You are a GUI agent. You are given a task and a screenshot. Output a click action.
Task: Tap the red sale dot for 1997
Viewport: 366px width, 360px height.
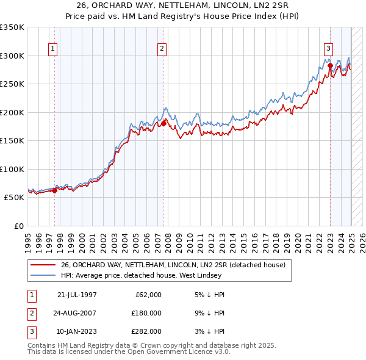click(x=54, y=190)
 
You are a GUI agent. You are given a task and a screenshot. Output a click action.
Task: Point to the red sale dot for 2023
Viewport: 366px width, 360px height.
click(x=330, y=66)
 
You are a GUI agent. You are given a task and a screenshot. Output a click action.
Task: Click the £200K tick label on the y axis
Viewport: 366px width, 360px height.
click(x=12, y=112)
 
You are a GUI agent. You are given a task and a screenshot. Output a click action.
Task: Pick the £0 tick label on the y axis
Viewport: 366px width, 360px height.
click(x=19, y=226)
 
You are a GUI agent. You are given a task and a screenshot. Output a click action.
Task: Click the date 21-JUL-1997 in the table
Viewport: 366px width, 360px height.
click(x=77, y=295)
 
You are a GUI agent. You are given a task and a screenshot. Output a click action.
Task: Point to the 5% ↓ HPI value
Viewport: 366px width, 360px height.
click(x=208, y=295)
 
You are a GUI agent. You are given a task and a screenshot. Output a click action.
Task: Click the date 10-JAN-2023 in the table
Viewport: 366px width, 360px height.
click(x=77, y=331)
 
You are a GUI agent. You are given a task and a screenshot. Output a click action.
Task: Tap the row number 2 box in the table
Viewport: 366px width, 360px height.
click(x=31, y=313)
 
